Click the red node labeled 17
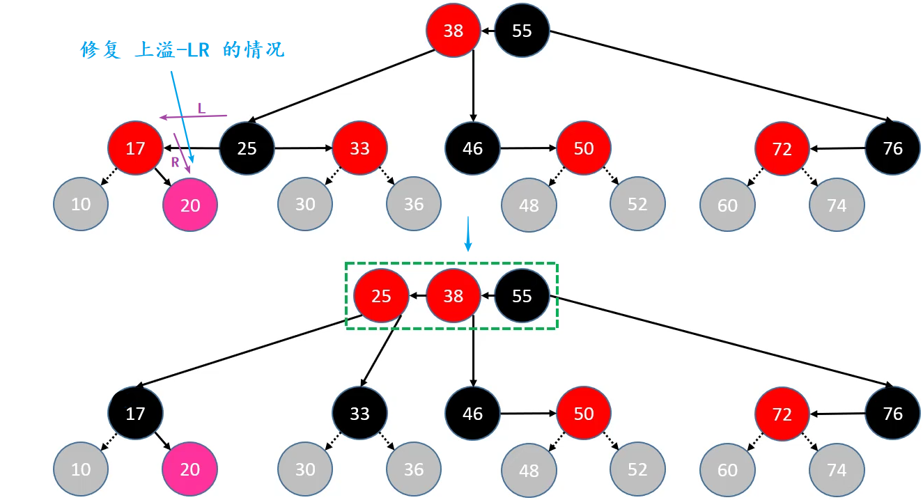(x=135, y=148)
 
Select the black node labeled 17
(x=135, y=414)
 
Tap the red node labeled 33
(x=359, y=148)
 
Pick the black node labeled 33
(x=359, y=414)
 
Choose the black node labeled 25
(x=247, y=148)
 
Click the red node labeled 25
(x=381, y=296)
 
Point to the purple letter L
(x=201, y=108)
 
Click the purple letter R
(x=176, y=162)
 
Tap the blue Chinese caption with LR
(x=183, y=50)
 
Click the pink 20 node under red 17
(x=190, y=205)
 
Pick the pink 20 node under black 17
(x=190, y=469)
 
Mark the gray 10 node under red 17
(x=81, y=204)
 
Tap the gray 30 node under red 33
(x=305, y=204)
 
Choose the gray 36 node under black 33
(x=414, y=469)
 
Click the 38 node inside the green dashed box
(x=453, y=296)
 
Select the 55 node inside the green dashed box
(x=522, y=296)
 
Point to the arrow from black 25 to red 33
(x=303, y=148)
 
